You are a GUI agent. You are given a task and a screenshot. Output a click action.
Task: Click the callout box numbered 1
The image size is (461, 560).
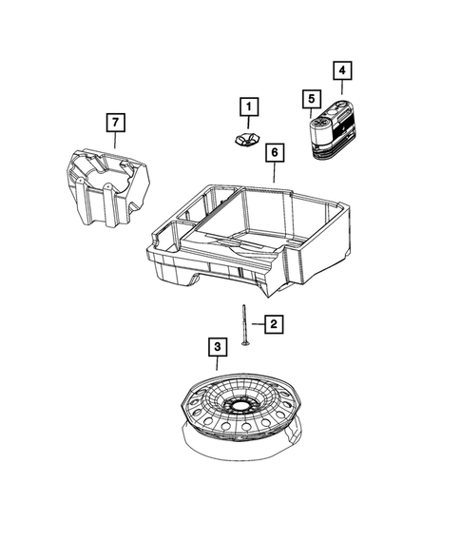point(247,107)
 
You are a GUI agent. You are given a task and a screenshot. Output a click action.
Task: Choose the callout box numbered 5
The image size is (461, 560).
point(309,98)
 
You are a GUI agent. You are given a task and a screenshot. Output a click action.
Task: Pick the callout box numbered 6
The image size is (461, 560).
point(273,152)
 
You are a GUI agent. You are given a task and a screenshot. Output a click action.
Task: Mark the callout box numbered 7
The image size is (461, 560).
point(113,122)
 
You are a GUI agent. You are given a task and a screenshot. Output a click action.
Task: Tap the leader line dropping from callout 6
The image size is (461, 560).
point(273,172)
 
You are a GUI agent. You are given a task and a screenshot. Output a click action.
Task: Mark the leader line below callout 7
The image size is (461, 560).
point(113,139)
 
